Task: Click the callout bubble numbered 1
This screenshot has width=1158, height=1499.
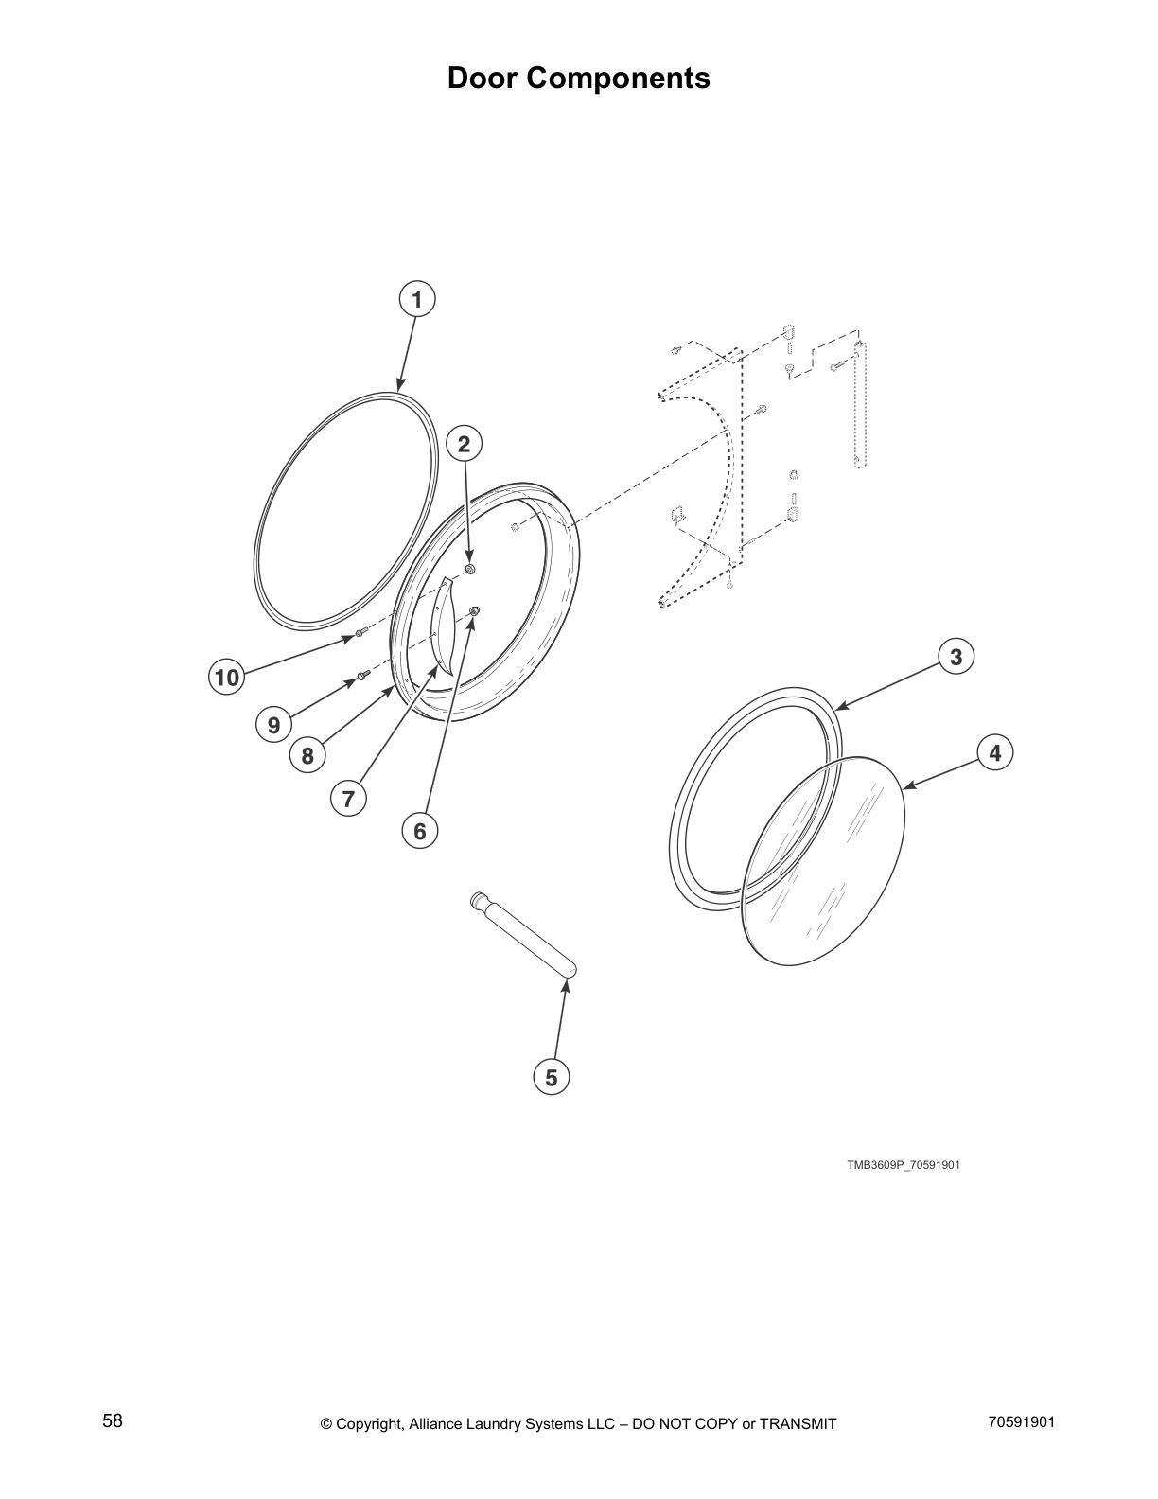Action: pyautogui.click(x=416, y=299)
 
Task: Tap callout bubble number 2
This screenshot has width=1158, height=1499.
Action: pyautogui.click(x=464, y=443)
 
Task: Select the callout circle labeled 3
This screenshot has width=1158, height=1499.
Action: pyautogui.click(x=956, y=656)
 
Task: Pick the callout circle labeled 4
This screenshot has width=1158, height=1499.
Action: pyautogui.click(x=994, y=753)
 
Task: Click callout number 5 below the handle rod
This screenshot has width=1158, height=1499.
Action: pyautogui.click(x=552, y=1077)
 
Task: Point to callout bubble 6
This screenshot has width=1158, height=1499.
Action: pyautogui.click(x=419, y=831)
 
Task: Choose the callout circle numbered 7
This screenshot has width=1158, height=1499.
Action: pyautogui.click(x=348, y=799)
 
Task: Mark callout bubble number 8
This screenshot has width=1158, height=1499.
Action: pyautogui.click(x=307, y=755)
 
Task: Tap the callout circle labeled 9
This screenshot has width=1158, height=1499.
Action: pyautogui.click(x=273, y=725)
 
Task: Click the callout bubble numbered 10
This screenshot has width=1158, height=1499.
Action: pyautogui.click(x=227, y=678)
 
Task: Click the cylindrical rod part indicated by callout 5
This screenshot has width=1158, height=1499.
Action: pyautogui.click(x=526, y=935)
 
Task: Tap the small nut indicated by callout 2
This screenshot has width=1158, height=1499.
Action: pyautogui.click(x=470, y=569)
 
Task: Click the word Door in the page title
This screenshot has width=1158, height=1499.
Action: pyautogui.click(x=482, y=78)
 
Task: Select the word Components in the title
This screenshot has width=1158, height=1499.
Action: pyautogui.click(x=618, y=78)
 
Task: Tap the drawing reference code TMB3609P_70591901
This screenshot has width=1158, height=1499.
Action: pyautogui.click(x=903, y=1165)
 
